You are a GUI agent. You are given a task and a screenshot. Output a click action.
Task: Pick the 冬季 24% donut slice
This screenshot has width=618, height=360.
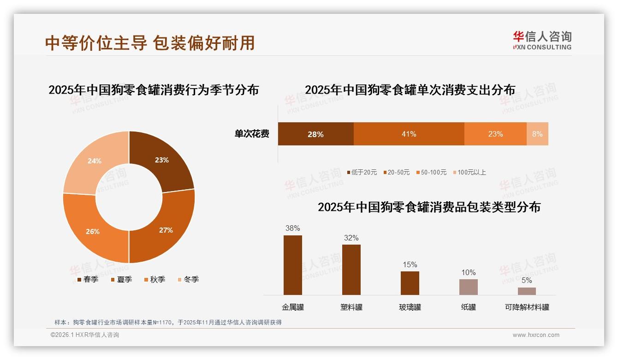coord(94,161)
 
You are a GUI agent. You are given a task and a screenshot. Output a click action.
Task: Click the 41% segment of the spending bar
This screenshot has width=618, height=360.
coord(409,134)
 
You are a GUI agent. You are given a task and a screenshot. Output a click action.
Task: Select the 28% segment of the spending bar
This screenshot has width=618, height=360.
coord(315,134)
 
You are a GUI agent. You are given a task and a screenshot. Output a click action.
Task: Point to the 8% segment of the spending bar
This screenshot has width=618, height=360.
coord(537,134)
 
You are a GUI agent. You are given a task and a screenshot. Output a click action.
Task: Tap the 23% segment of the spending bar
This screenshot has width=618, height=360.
coord(495,134)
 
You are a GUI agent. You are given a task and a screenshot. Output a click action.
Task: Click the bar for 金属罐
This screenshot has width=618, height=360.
coord(293,265)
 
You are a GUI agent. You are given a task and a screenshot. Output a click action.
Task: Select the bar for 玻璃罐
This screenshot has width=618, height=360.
coord(410,283)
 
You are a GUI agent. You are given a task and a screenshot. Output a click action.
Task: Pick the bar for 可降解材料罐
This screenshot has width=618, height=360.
coord(527,291)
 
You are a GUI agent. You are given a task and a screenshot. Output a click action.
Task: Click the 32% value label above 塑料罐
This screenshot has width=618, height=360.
coord(351,238)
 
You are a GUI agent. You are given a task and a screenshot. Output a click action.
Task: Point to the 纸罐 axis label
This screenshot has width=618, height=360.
coord(469,307)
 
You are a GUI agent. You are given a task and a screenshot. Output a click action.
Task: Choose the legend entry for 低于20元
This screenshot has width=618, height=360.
coord(362,173)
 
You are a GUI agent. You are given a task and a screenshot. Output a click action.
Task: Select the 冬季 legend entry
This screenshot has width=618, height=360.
coord(188,279)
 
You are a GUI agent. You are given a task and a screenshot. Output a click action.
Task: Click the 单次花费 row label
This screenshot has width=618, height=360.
coord(252,134)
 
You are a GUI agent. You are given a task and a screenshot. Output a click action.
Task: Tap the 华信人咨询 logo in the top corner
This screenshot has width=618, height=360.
coord(542,40)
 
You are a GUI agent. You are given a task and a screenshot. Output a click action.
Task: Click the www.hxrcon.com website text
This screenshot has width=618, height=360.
coord(536,335)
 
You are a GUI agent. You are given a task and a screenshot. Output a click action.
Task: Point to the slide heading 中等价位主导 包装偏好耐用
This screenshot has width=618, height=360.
coord(150,43)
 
